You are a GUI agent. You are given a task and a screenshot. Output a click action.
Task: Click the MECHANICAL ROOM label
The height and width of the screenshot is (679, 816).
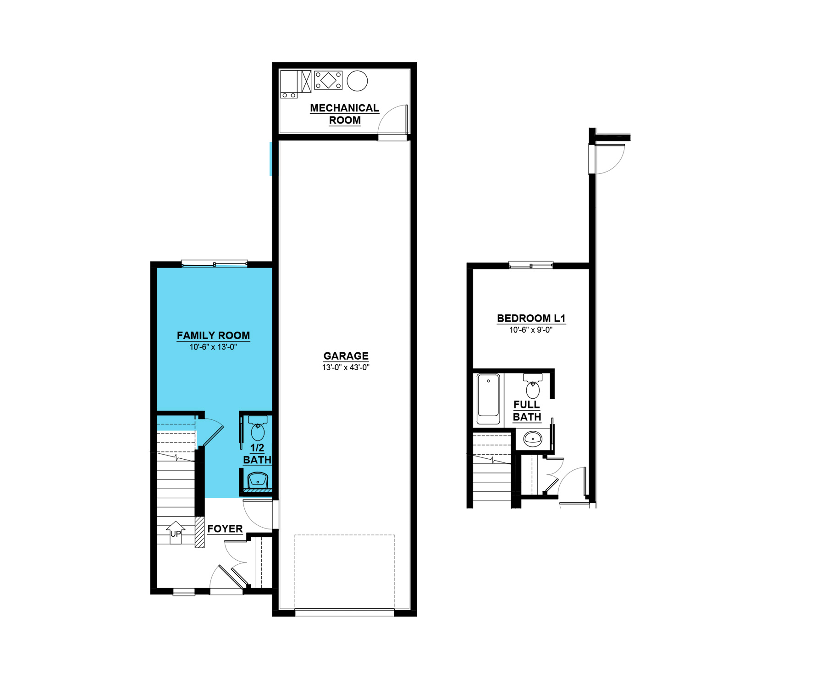[x=345, y=114]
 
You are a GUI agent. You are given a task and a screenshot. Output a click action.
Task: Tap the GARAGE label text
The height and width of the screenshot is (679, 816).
[x=346, y=356]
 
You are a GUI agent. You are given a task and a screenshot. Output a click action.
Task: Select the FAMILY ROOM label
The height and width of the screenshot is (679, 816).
[x=213, y=335]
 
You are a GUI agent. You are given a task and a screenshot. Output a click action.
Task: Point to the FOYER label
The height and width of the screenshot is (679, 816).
[x=225, y=529]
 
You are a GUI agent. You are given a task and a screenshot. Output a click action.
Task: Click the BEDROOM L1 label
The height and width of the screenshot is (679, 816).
[x=531, y=318]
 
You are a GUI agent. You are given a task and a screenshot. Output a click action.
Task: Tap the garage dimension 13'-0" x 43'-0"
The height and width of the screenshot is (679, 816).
[x=346, y=367]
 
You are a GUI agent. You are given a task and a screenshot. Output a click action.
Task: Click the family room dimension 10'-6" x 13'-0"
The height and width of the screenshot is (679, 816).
[x=213, y=347]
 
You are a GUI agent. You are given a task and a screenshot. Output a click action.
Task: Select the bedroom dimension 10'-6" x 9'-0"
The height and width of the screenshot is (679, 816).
[x=531, y=330]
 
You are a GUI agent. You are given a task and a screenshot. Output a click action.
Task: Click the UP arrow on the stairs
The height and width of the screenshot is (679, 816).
[x=176, y=533]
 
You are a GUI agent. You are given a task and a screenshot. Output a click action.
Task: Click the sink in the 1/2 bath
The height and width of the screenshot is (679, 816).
[x=258, y=481]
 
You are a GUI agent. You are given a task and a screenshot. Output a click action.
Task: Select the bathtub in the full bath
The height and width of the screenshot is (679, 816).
[x=488, y=399]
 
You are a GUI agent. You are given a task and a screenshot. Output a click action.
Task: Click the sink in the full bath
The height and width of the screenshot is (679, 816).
[x=533, y=439]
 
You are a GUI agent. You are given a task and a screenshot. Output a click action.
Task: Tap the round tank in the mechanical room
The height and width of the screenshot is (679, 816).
[x=357, y=81]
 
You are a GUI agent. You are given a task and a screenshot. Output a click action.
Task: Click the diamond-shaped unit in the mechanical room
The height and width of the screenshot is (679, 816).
[x=328, y=80]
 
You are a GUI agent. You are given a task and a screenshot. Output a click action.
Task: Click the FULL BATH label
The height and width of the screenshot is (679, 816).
[x=527, y=411]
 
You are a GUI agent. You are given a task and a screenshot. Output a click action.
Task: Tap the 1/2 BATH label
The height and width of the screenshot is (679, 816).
[x=257, y=454]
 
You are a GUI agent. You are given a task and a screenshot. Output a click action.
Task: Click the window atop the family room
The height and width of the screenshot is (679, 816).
[x=214, y=263]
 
